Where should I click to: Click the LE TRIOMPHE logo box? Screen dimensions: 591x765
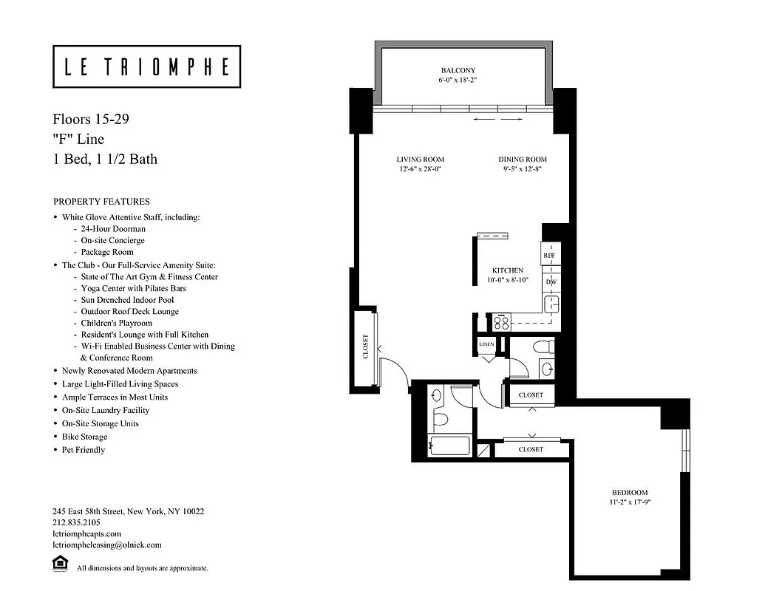146,67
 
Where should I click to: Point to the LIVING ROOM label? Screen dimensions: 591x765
420,160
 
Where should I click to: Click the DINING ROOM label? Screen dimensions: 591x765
522,160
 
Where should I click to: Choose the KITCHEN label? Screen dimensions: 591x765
508,271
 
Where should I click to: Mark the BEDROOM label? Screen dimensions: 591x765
629,493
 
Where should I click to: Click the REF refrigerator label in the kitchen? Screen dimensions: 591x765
549,256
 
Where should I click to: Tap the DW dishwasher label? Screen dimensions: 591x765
551,282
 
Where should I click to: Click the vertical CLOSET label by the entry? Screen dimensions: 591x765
365,347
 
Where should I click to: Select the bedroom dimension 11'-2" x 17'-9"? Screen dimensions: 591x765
629,502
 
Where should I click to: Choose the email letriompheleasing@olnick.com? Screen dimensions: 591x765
107,545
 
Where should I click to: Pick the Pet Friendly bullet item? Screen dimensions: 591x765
83,450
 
